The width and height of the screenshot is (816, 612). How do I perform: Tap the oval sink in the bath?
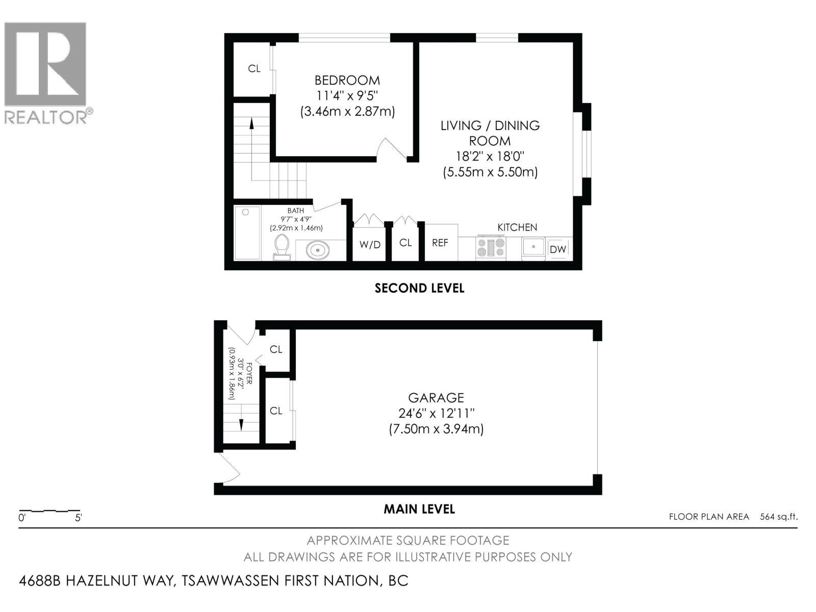pos(318,250)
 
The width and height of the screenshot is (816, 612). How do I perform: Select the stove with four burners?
pos(491,247)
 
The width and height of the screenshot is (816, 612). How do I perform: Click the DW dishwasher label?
pos(558,249)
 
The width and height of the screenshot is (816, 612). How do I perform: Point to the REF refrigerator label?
pos(440,243)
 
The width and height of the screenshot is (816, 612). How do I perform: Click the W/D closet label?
pos(370,245)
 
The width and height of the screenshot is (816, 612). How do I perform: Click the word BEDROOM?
pos(347,80)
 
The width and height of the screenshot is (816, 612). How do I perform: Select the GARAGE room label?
pos(436,397)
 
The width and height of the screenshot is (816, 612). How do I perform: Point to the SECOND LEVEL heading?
pos(419,288)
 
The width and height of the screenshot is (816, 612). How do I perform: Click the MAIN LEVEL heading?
pos(419,509)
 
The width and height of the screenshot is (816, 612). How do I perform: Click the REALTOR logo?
pos(46,71)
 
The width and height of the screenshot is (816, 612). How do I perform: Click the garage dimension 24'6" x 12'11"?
pos(436,413)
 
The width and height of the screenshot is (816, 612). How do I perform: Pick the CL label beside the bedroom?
pos(254,68)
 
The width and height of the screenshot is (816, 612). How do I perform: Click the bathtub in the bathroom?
pos(247,233)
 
